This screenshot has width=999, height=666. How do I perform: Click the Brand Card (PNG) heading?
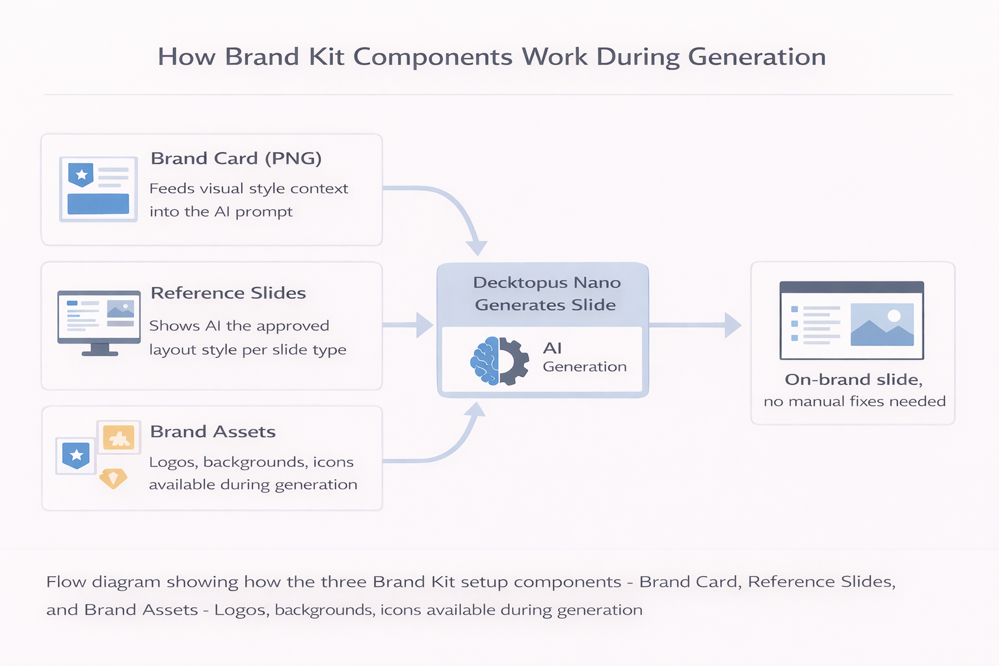coord(236,159)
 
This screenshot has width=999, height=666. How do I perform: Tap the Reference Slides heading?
coord(228,293)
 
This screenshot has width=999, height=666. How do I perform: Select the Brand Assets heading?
coord(213,432)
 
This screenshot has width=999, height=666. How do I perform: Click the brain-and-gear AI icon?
coord(499,361)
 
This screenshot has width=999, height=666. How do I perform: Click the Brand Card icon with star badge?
coord(98,189)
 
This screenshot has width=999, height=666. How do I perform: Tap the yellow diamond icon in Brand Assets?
coord(113,479)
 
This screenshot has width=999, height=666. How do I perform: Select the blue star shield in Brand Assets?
coord(76,455)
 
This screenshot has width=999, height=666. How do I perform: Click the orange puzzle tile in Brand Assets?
coord(119,438)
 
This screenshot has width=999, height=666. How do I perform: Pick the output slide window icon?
coord(851,321)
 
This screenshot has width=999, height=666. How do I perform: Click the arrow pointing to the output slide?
coord(696,325)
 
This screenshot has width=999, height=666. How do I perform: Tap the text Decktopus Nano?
coord(546,283)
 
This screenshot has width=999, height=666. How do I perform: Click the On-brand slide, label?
coord(853,380)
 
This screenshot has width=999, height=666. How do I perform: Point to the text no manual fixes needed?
coord(854,402)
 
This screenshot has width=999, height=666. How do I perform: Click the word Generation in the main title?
coord(756,57)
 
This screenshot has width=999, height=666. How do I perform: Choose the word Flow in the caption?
coord(66,582)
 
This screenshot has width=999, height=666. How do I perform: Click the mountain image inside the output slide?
coord(882,325)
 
